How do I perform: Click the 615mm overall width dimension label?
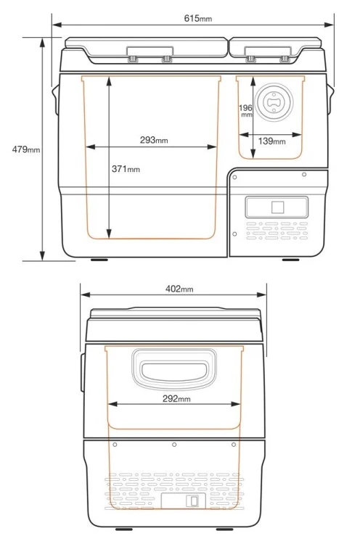197,18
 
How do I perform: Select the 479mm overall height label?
26,149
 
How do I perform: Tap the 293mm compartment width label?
154,140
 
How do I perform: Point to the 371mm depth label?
126,169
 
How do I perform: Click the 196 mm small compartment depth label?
245,110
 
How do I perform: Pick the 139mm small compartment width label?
271,141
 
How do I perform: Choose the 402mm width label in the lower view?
179,289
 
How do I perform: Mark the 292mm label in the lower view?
176,399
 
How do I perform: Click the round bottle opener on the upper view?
274,102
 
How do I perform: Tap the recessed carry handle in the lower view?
174,368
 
